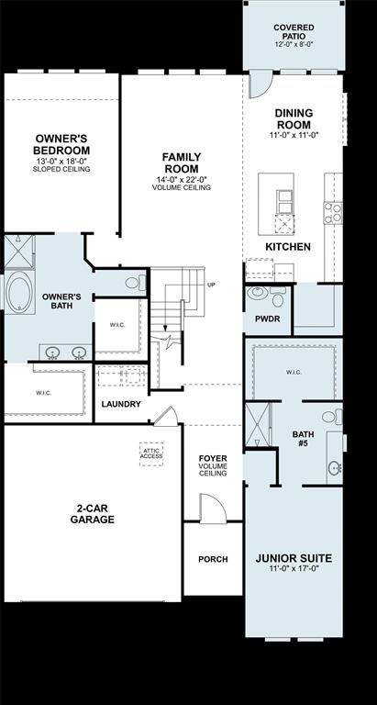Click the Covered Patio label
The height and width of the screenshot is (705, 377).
click(x=294, y=34)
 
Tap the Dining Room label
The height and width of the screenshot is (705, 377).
click(x=294, y=118)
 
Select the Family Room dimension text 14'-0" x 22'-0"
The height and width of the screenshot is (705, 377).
click(x=182, y=179)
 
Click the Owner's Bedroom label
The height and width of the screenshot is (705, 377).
click(x=61, y=144)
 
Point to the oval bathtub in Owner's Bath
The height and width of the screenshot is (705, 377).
click(x=19, y=293)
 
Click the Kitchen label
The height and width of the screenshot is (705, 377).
click(x=288, y=247)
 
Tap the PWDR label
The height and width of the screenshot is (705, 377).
click(x=267, y=319)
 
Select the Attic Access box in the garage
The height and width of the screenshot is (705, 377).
click(x=151, y=453)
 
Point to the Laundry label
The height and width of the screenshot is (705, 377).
click(x=121, y=404)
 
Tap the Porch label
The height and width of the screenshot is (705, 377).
click(x=213, y=559)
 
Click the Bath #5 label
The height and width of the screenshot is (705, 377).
click(x=303, y=439)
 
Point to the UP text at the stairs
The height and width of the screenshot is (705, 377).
click(x=211, y=285)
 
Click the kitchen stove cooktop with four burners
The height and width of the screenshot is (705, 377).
click(x=332, y=213)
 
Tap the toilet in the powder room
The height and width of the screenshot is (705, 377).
click(x=258, y=296)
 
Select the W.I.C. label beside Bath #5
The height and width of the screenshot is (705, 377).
click(x=294, y=372)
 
